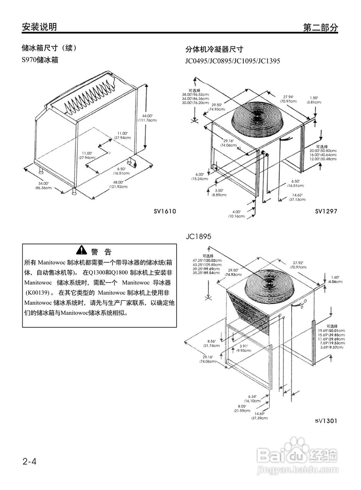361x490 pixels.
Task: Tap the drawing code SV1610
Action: pyautogui.click(x=165, y=211)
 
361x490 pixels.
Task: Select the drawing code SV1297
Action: pyautogui.click(x=326, y=211)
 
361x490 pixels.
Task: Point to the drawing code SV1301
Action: pyautogui.click(x=326, y=421)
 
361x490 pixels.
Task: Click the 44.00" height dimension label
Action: pyautogui.click(x=148, y=118)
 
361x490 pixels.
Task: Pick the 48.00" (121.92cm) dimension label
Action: pyautogui.click(x=118, y=185)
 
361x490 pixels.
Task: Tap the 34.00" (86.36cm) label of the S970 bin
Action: pyautogui.click(x=43, y=186)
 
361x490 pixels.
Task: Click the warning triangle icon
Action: pyautogui.click(x=82, y=250)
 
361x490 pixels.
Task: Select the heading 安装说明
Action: pyautogui.click(x=39, y=27)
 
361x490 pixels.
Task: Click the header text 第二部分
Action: pyautogui.click(x=320, y=27)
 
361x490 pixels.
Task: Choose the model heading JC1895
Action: pyautogui.click(x=199, y=237)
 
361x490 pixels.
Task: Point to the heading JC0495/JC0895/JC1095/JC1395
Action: pyautogui.click(x=233, y=61)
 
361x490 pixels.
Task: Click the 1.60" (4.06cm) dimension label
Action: pyautogui.click(x=334, y=279)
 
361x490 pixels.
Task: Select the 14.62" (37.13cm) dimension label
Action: pyautogui.click(x=297, y=197)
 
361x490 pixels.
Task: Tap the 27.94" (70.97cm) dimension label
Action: pyautogui.click(x=288, y=99)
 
